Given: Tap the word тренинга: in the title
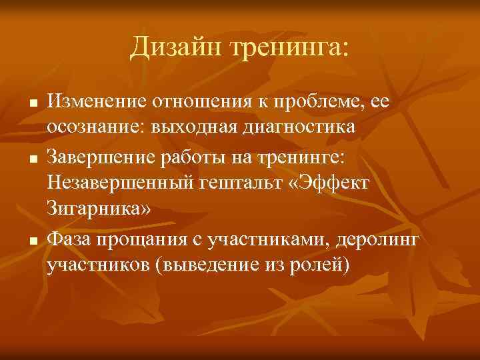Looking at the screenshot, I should [289, 47].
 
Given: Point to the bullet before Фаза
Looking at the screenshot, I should [32, 239].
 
